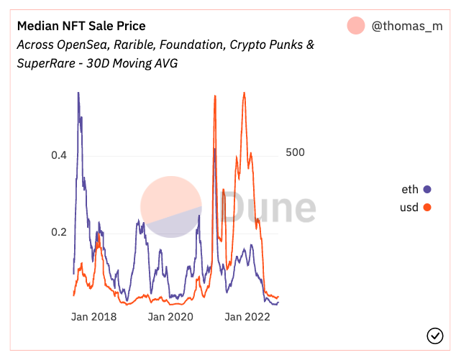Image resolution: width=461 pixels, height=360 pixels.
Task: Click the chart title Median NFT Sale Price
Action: pyautogui.click(x=81, y=27)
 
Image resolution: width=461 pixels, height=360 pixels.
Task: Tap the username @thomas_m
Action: pyautogui.click(x=407, y=27)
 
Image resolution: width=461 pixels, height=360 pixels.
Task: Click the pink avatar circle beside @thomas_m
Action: pyautogui.click(x=356, y=26)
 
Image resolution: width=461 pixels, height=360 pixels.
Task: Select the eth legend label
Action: pyautogui.click(x=410, y=190)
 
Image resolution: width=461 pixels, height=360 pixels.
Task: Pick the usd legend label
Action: pyautogui.click(x=409, y=208)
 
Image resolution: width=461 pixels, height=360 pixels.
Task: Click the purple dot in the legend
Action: pyautogui.click(x=427, y=190)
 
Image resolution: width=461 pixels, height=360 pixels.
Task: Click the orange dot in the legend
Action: pyautogui.click(x=427, y=208)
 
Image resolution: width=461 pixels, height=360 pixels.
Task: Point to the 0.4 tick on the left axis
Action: pyautogui.click(x=58, y=155)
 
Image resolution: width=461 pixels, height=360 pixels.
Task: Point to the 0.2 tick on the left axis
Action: pyautogui.click(x=58, y=232)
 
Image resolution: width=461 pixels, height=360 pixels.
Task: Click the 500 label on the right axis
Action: pyautogui.click(x=296, y=152)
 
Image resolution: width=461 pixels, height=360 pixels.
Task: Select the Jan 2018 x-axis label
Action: pyautogui.click(x=94, y=317)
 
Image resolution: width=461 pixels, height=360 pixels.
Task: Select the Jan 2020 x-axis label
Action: pyautogui.click(x=171, y=317)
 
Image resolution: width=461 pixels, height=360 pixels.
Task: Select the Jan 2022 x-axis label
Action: pyautogui.click(x=247, y=317)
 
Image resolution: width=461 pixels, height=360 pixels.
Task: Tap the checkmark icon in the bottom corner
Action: pyautogui.click(x=434, y=336)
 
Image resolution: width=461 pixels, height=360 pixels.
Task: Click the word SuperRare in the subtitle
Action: pyautogui.click(x=48, y=63)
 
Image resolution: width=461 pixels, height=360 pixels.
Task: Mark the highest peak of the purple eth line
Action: pyautogui.click(x=78, y=93)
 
